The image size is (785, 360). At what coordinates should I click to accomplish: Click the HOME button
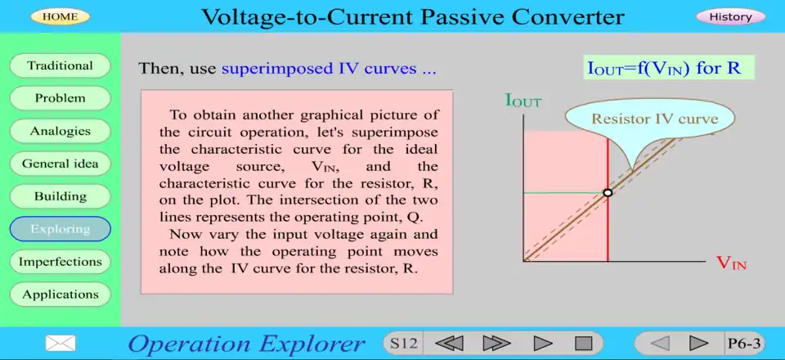[x=60, y=16]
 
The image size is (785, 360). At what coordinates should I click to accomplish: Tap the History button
[x=730, y=16]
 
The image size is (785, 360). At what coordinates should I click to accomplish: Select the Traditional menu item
[x=60, y=65]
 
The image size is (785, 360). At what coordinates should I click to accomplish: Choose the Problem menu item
[x=60, y=98]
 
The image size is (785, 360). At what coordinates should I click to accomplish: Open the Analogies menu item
[x=60, y=131]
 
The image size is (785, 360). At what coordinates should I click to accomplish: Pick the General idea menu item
[x=60, y=164]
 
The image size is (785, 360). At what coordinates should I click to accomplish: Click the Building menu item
[x=60, y=196]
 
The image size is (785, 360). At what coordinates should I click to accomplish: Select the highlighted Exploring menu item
[x=60, y=229]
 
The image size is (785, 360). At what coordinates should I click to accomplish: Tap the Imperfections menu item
[x=60, y=262]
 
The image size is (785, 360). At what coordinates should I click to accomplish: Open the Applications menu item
[x=60, y=295]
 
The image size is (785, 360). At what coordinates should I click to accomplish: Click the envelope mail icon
[x=61, y=343]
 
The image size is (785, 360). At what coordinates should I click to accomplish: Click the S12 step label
[x=403, y=344]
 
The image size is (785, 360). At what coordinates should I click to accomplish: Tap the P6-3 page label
[x=744, y=344]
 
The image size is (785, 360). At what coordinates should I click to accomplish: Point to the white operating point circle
[x=608, y=193]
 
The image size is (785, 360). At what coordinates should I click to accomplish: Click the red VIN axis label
[x=731, y=263]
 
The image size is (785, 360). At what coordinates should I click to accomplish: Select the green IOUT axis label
[x=523, y=101]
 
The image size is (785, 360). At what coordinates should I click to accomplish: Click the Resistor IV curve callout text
[x=655, y=119]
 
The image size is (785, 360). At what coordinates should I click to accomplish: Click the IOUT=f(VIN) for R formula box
[x=669, y=68]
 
